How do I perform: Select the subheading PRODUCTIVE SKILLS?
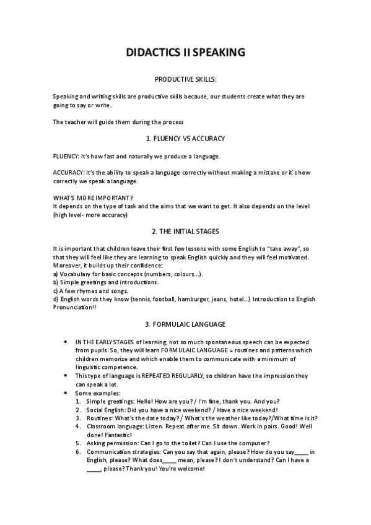click(x=185, y=79)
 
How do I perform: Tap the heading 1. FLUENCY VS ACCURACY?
click(x=185, y=138)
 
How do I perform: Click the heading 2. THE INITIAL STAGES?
click(x=185, y=232)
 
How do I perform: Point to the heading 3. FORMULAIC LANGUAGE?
click(x=185, y=324)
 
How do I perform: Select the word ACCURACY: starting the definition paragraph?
click(x=69, y=172)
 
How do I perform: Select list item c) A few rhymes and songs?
click(x=94, y=290)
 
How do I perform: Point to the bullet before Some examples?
click(x=66, y=393)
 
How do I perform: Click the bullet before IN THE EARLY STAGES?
click(x=66, y=342)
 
